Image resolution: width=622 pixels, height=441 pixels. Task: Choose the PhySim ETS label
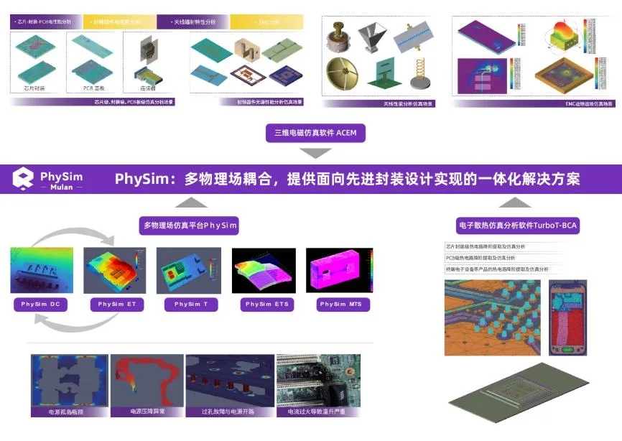[266, 305]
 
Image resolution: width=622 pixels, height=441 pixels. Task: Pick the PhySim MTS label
[341, 305]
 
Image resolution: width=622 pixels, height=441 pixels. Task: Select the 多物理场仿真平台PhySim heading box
[190, 226]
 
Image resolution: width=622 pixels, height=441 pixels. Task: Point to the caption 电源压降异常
[147, 412]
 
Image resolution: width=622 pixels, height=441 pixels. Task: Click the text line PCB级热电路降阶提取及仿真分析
[486, 257]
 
